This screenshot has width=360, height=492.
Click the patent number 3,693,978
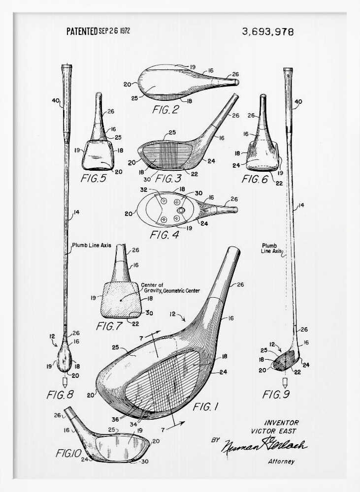click(x=267, y=32)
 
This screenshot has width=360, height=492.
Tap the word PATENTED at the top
click(x=82, y=31)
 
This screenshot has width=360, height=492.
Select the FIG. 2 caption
click(x=165, y=110)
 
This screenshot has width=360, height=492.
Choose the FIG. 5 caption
click(x=93, y=179)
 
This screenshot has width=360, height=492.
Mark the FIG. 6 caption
click(x=254, y=179)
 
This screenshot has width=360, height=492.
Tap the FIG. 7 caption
click(x=109, y=326)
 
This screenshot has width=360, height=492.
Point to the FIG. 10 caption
click(x=66, y=453)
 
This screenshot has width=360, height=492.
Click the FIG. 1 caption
click(x=205, y=407)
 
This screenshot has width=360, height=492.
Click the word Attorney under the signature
click(x=281, y=461)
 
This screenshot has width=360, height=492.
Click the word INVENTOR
click(x=281, y=423)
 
